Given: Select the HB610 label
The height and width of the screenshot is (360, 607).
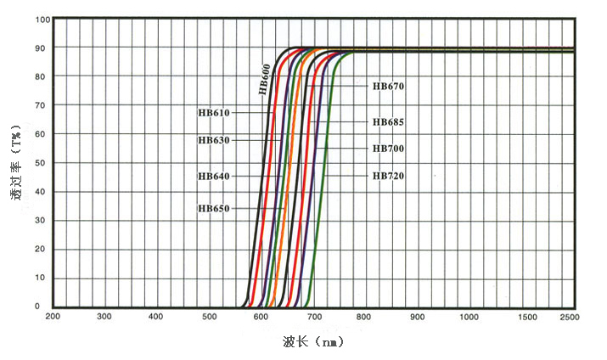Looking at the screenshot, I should (x=213, y=112).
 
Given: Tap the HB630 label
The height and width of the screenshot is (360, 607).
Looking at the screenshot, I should (x=213, y=139).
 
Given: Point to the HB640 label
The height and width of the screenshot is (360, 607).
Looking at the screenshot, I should (x=213, y=176).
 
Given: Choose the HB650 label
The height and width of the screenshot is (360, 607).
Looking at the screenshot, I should (x=213, y=208).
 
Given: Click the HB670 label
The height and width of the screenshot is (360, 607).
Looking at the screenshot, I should (x=388, y=86).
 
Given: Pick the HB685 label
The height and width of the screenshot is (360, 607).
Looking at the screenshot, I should (x=388, y=121).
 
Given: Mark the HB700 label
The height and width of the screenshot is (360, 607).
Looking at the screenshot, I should (x=388, y=149).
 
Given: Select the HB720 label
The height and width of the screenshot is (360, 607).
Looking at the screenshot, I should (x=388, y=176).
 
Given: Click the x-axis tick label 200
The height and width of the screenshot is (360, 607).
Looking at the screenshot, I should (x=53, y=317).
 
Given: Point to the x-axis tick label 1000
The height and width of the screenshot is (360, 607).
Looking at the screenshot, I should (x=469, y=317).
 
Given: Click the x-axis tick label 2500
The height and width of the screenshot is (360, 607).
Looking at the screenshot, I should (x=569, y=317).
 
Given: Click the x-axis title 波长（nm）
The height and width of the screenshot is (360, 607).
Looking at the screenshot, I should (x=313, y=342).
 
